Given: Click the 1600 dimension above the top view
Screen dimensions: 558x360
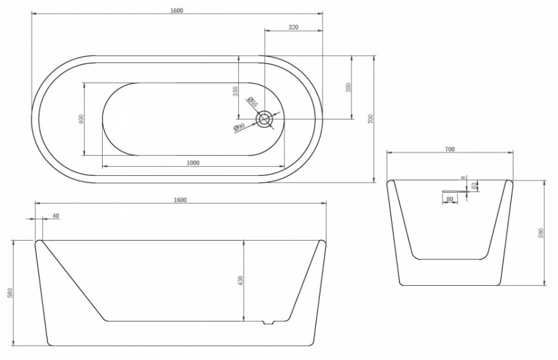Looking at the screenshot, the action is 176,10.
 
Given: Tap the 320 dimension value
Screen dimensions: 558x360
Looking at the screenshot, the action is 293,27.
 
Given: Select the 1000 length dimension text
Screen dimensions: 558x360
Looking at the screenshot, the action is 193,163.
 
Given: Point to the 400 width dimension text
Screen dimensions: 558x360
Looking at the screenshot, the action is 81,119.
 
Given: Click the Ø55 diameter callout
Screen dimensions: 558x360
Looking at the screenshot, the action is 252,102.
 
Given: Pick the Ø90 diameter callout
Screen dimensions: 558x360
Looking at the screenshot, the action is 239,127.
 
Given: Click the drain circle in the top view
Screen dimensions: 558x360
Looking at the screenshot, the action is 264,119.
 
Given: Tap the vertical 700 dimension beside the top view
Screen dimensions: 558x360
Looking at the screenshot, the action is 371,119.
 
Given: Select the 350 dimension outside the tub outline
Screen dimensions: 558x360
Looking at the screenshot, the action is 348,87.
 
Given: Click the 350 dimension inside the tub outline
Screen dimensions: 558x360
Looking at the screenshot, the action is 235,91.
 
